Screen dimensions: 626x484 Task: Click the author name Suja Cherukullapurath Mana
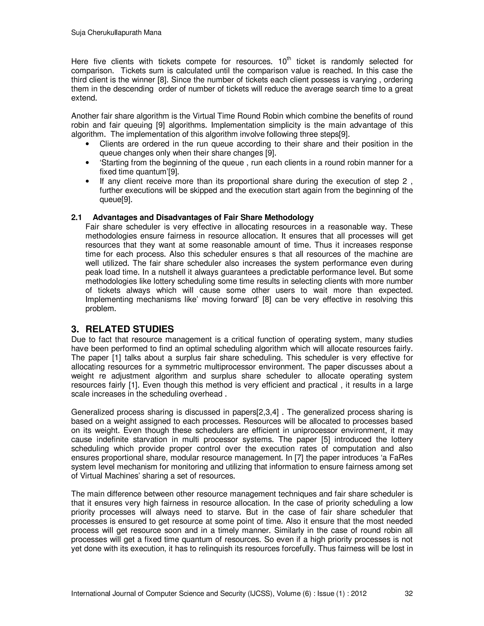pyautogui.click(x=116, y=33)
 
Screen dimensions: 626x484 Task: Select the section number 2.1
pyautogui.click(x=76, y=218)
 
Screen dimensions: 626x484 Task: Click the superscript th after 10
pyautogui.click(x=289, y=59)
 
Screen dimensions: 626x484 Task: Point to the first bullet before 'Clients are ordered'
pyautogui.click(x=88, y=144)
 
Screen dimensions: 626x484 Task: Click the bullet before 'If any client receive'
pyautogui.click(x=88, y=182)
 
